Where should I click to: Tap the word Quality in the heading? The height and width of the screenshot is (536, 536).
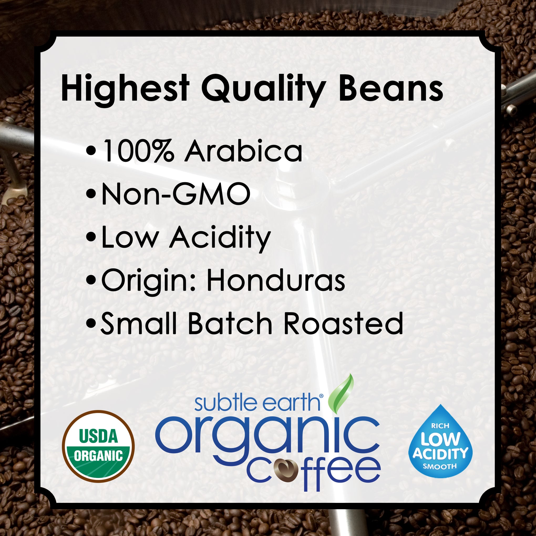[x=263, y=89]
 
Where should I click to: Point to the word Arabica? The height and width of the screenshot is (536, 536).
[x=243, y=150]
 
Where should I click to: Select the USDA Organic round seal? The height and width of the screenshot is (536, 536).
[x=98, y=446]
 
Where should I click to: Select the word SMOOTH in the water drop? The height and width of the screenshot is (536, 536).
[x=440, y=466]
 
